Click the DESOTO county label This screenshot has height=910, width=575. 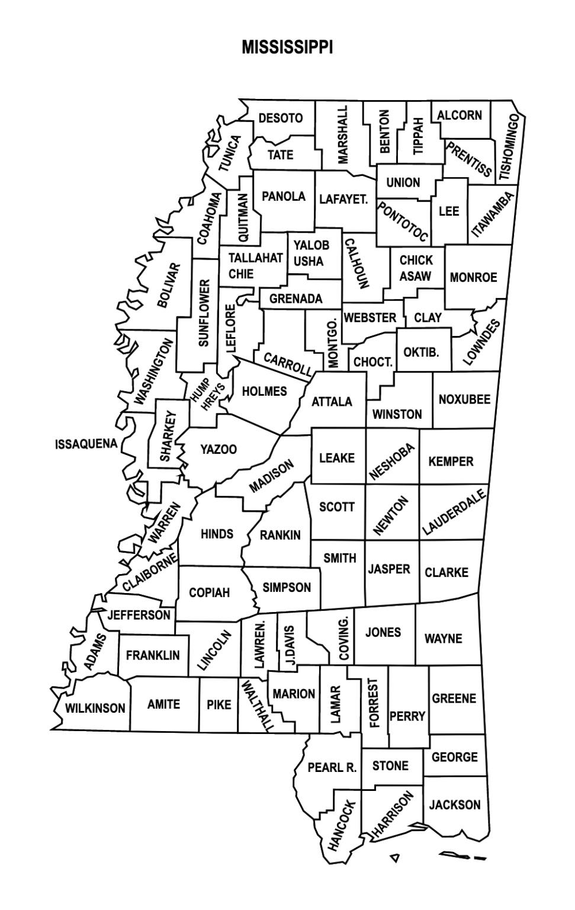point(281,118)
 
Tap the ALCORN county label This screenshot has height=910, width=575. point(460,115)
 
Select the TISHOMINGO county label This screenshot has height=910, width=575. point(509,148)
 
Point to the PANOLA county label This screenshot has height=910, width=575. point(284,196)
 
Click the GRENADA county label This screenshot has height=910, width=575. point(295,299)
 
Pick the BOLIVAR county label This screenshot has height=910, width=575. point(168,285)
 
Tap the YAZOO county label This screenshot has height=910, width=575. point(219,449)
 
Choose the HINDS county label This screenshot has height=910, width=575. point(217,534)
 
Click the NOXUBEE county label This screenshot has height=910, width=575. point(464,399)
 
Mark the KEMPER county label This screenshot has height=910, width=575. point(451,461)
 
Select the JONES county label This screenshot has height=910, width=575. point(383,632)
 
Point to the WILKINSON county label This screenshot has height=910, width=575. point(95,708)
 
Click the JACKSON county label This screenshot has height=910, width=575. point(455,805)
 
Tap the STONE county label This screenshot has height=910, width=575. point(390,765)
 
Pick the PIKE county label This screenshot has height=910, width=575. point(219,704)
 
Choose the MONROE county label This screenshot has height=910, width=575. point(473,277)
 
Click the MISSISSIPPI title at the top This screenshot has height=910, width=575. point(287,47)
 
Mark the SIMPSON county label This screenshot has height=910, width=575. point(287,587)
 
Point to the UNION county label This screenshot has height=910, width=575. point(403,182)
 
